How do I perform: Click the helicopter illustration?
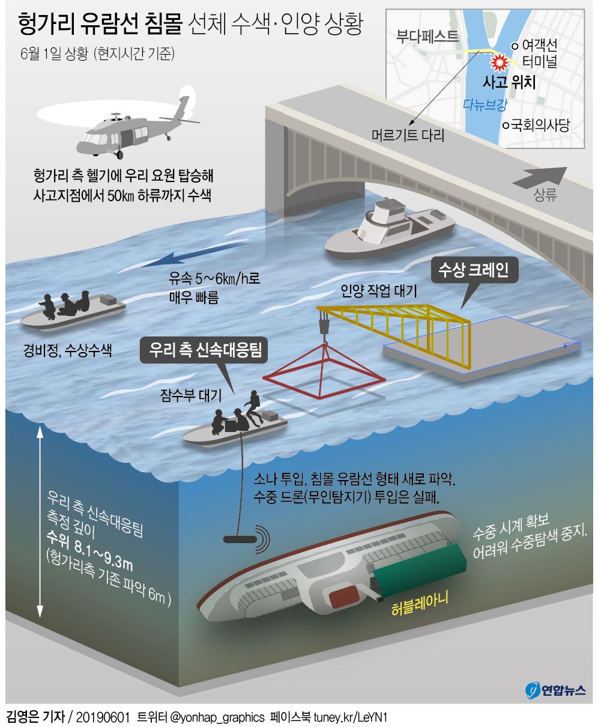[x=129, y=126]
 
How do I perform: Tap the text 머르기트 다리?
[x=408, y=136]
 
